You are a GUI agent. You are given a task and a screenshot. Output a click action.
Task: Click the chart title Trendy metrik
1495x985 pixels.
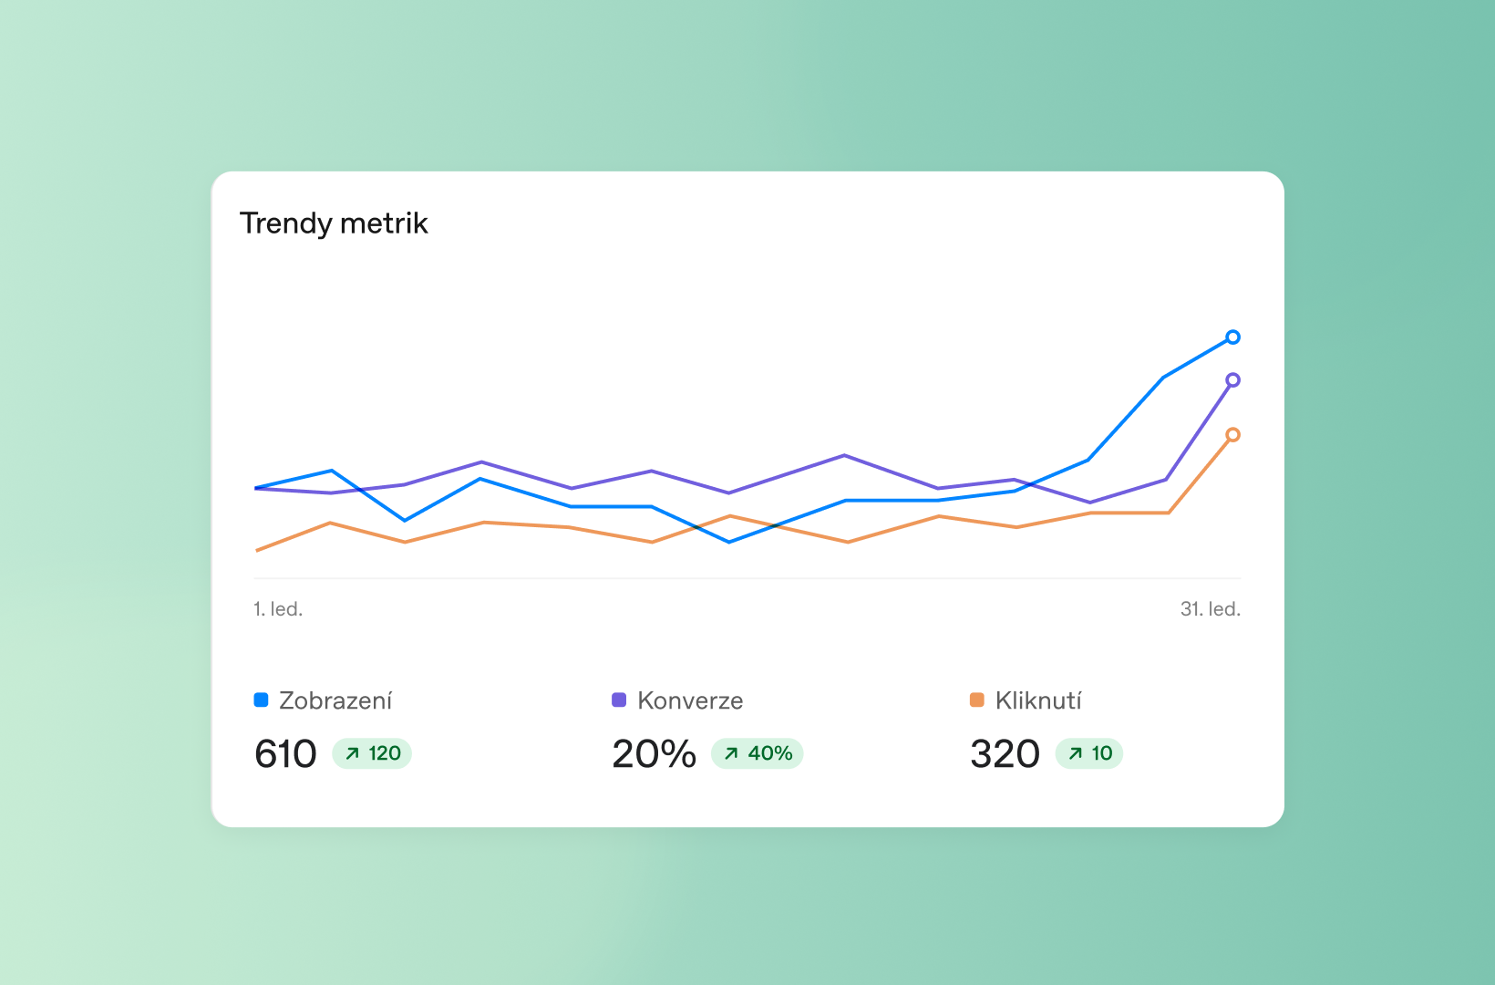click(x=334, y=223)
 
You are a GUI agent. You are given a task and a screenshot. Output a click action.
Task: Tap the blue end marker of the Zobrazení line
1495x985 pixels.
click(x=1232, y=337)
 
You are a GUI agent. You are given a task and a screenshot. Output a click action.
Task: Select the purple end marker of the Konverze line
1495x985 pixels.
click(x=1232, y=380)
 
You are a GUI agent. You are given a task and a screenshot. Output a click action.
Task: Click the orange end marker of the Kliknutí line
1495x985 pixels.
click(x=1232, y=435)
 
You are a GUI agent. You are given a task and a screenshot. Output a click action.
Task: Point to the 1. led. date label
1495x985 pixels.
click(x=278, y=609)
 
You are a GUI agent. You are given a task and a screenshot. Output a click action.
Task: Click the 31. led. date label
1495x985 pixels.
click(x=1210, y=609)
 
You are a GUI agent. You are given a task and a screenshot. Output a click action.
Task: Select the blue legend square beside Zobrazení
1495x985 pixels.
click(x=261, y=700)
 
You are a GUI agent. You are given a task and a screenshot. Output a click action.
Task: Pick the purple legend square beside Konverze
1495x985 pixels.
click(x=619, y=700)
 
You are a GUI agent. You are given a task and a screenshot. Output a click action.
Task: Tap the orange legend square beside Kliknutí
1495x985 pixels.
click(x=976, y=700)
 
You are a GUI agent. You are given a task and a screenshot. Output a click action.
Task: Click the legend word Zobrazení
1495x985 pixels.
click(x=335, y=700)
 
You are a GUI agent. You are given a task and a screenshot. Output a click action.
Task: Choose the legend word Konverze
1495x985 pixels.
click(x=690, y=700)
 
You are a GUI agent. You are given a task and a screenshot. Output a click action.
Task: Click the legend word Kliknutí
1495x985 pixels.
click(x=1038, y=700)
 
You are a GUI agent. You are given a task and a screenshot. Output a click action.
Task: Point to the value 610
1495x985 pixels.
click(x=285, y=754)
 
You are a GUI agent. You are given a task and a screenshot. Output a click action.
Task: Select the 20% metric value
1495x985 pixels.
click(x=655, y=754)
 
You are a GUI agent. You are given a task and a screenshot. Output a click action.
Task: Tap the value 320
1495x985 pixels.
click(x=1005, y=754)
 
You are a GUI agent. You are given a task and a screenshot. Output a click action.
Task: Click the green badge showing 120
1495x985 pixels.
click(x=372, y=753)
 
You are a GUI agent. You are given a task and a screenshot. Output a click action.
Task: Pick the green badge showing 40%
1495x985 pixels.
click(x=757, y=753)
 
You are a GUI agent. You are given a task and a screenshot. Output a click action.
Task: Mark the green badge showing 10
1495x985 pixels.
click(x=1088, y=753)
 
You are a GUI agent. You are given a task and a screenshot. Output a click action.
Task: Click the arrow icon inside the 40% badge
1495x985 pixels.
click(x=731, y=753)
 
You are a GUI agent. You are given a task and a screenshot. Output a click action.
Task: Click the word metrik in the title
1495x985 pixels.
click(x=384, y=223)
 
